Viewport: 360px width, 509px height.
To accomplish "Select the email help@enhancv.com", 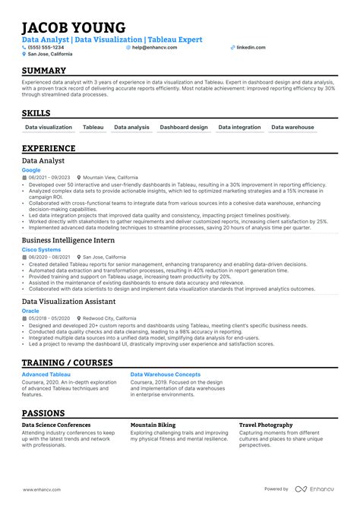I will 154,47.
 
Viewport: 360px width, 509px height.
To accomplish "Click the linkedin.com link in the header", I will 251,47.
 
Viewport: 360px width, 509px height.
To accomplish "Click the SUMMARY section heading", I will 44,70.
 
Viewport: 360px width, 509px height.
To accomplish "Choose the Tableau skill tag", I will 93,128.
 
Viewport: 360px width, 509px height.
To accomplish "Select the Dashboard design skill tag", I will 184,128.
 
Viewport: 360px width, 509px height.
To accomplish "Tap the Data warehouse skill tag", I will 292,128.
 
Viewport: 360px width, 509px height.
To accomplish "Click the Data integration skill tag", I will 239,128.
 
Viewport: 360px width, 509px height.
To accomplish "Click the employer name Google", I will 30,171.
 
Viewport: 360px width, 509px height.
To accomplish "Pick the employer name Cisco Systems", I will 41,249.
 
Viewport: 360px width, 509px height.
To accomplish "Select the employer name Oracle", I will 30,310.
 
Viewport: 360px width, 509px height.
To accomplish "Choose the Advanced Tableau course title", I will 46,375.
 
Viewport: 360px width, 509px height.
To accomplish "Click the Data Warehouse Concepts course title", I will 166,375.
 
